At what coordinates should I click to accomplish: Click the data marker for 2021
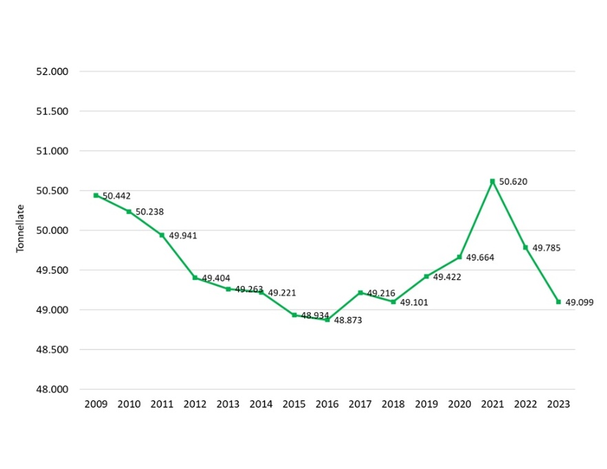[x=493, y=182]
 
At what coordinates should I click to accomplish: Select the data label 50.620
[x=513, y=182]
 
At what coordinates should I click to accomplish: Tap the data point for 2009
[x=96, y=195]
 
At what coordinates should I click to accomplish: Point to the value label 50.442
[x=116, y=196]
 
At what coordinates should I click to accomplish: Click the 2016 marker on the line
[x=328, y=320]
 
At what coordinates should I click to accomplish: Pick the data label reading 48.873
[x=348, y=320]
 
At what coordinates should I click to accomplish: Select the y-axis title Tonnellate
[x=21, y=228]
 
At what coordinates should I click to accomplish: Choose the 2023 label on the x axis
[x=558, y=404]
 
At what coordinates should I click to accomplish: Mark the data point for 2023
[x=558, y=302]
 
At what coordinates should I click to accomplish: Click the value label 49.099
[x=579, y=303]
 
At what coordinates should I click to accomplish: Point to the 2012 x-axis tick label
[x=195, y=404]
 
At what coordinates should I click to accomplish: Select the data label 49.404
[x=215, y=279]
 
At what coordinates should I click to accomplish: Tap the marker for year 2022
[x=526, y=248]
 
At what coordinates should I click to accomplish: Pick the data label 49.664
[x=480, y=258]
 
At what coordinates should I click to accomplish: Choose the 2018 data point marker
[x=393, y=302]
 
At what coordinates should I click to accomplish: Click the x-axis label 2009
[x=96, y=404]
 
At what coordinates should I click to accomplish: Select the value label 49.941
[x=182, y=236]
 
